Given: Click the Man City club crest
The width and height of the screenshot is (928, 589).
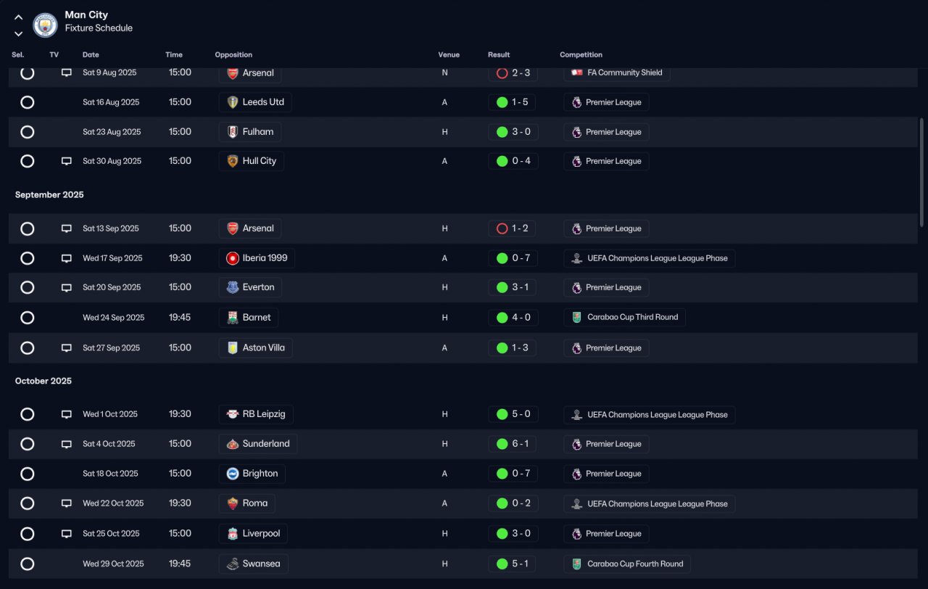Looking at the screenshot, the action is [45, 25].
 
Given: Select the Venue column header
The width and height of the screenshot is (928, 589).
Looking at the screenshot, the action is [449, 54].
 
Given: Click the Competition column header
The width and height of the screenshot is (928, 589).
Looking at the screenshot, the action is [581, 54].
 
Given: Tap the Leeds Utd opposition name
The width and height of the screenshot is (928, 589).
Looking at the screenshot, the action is [263, 102].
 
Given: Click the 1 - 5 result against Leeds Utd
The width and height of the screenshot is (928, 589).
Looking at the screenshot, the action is [520, 102].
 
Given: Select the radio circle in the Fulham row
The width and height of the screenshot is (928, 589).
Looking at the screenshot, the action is [28, 132].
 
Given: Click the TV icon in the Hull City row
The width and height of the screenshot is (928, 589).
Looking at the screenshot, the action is [66, 161].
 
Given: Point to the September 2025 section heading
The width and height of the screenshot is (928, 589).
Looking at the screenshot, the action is [49, 194].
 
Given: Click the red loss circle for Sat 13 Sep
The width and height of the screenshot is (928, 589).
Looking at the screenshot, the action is [502, 228].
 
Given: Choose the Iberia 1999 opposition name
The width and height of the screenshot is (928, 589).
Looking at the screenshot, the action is [265, 258].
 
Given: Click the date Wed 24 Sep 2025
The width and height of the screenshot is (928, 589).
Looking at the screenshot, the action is [114, 318].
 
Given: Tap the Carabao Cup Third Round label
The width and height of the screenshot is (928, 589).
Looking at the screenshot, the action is [633, 317].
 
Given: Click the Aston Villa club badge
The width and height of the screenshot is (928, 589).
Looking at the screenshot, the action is [233, 347].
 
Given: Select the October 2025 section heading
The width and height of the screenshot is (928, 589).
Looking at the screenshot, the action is [43, 381].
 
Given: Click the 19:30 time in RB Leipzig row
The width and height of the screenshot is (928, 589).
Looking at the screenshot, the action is [180, 413].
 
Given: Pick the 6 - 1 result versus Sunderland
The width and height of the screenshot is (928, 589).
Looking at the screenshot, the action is [521, 443].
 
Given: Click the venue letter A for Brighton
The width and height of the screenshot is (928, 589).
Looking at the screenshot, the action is [444, 474].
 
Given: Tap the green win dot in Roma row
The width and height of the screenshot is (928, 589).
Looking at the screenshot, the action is [502, 503].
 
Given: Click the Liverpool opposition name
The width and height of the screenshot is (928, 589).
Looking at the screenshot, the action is [261, 533].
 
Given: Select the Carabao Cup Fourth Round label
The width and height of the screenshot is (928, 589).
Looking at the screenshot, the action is [635, 564].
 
